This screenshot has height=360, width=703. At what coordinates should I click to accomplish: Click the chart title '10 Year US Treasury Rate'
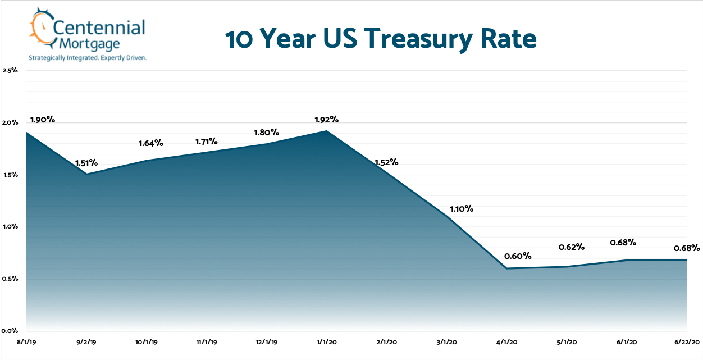[x=381, y=40]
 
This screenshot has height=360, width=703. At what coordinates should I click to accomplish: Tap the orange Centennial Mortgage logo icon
[x=41, y=29]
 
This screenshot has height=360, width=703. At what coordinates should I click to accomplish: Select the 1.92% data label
[x=326, y=120]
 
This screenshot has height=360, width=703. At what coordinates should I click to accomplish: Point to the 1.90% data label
[x=43, y=120]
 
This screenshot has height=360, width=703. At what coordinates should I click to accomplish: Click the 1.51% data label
[x=86, y=163]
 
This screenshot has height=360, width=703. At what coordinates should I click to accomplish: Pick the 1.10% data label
[x=461, y=209]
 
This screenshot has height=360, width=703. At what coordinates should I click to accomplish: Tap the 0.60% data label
[x=518, y=256]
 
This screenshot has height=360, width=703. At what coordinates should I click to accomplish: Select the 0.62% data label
[x=572, y=247]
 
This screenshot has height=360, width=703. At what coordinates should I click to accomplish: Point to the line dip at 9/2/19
[x=86, y=174]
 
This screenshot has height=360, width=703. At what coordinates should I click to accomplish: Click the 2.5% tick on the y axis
[x=11, y=71]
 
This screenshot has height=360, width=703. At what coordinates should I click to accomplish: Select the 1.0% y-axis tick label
[x=11, y=227]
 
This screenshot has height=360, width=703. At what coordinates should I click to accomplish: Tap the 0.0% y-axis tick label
[x=11, y=331]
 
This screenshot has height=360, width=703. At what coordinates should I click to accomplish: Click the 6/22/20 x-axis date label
[x=686, y=341]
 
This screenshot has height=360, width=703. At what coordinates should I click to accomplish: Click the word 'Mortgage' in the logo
[x=81, y=44]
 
